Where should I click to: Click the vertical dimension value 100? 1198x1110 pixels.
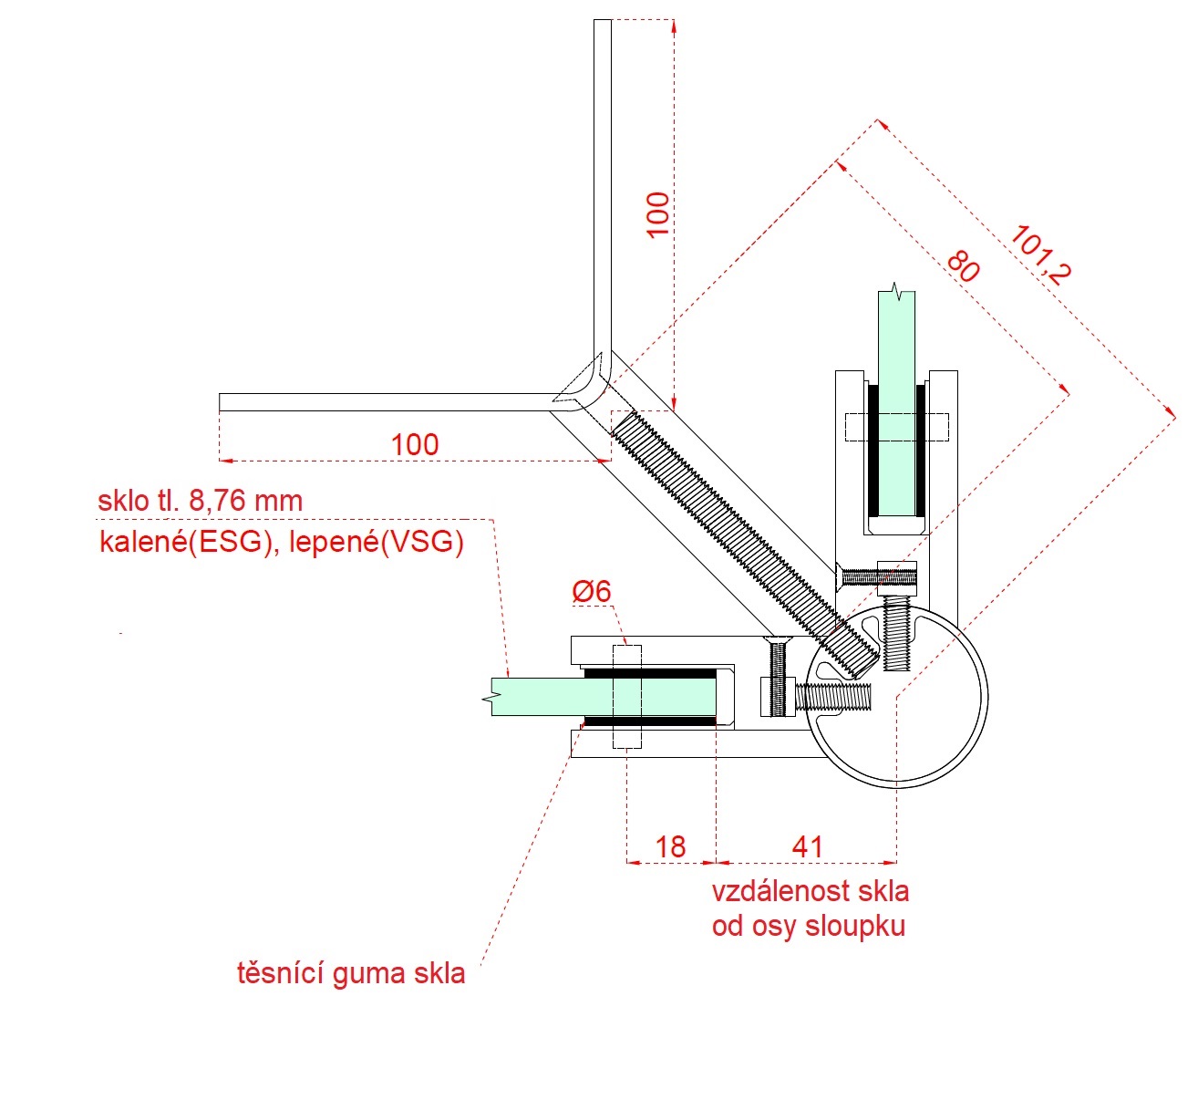click(x=657, y=215)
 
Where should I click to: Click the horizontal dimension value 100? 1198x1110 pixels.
click(x=415, y=445)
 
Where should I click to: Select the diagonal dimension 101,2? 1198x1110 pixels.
click(x=1040, y=256)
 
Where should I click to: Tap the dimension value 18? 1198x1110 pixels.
click(x=670, y=847)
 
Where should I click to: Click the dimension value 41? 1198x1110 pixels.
click(x=808, y=847)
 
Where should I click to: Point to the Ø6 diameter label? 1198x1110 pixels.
click(x=592, y=592)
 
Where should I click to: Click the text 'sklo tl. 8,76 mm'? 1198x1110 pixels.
click(x=200, y=501)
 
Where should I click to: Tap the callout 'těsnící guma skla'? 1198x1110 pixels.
click(x=351, y=973)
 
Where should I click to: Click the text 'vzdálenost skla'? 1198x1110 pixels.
click(x=810, y=890)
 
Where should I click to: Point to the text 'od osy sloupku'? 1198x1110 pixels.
click(x=809, y=927)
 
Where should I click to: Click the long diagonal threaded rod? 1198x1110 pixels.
click(x=729, y=529)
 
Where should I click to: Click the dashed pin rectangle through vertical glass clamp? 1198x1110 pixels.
click(x=897, y=427)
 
